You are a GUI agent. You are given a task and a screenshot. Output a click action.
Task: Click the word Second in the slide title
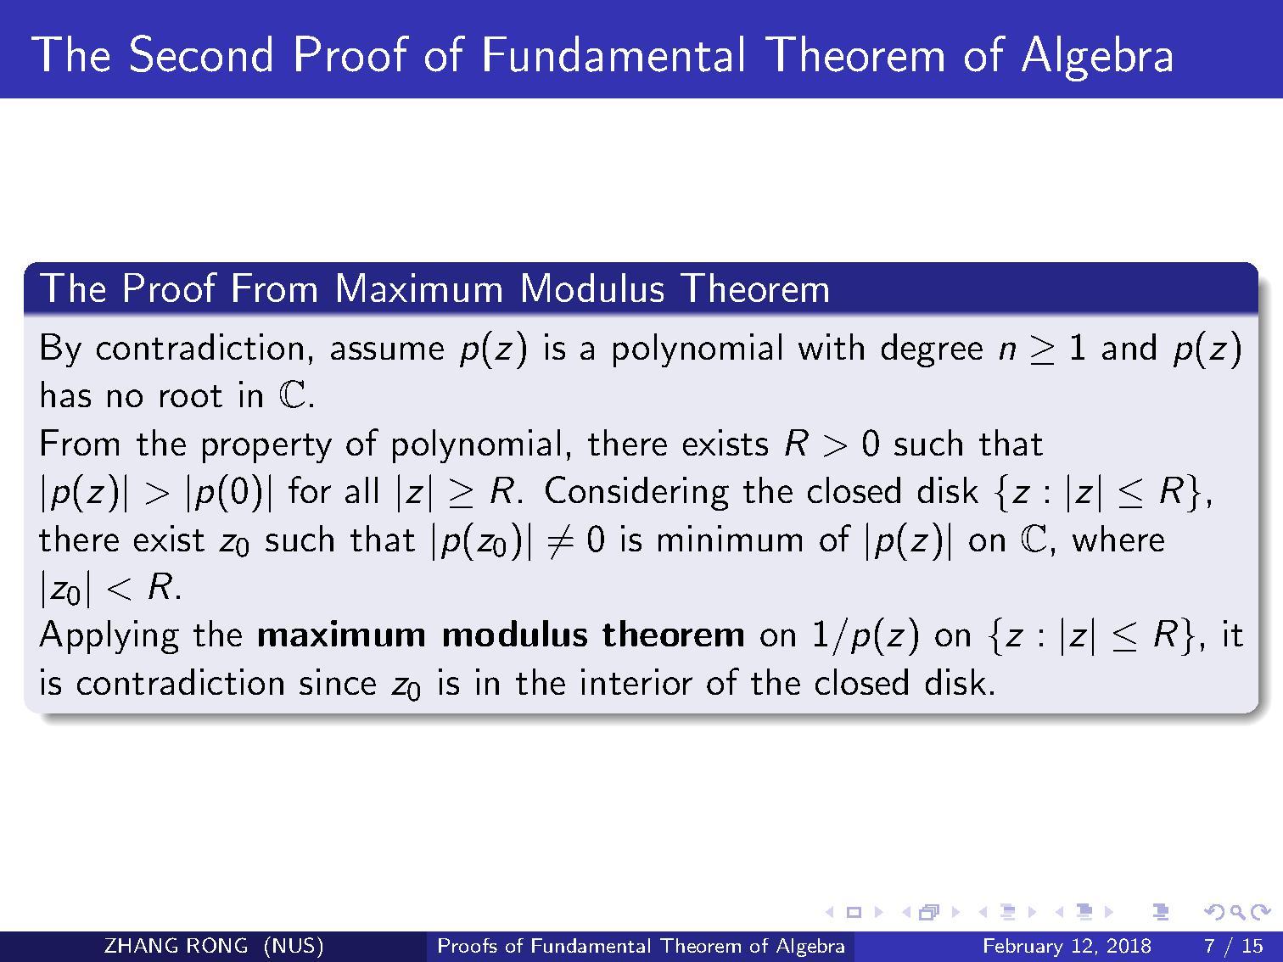coord(201,54)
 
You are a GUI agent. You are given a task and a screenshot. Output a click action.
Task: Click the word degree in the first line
coord(932,350)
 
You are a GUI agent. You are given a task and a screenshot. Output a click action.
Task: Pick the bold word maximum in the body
coord(341,635)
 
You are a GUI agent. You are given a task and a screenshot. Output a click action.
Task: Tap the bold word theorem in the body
coord(674,635)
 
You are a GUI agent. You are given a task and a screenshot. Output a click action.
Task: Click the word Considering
coord(636,492)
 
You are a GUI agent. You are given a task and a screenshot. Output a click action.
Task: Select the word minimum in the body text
coord(730,540)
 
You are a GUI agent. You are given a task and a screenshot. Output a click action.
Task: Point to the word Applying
coord(109,636)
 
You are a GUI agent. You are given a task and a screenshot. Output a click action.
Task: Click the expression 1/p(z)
coord(866,636)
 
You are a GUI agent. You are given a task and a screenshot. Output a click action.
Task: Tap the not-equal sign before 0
coord(560,540)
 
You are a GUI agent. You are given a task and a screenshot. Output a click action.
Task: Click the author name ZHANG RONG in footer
coord(176,946)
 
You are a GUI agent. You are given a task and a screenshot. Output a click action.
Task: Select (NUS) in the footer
coord(294,946)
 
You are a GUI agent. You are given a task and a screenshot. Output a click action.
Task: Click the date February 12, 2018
coord(1067,946)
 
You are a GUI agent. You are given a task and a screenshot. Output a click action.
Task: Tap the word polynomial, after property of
coord(476,445)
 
